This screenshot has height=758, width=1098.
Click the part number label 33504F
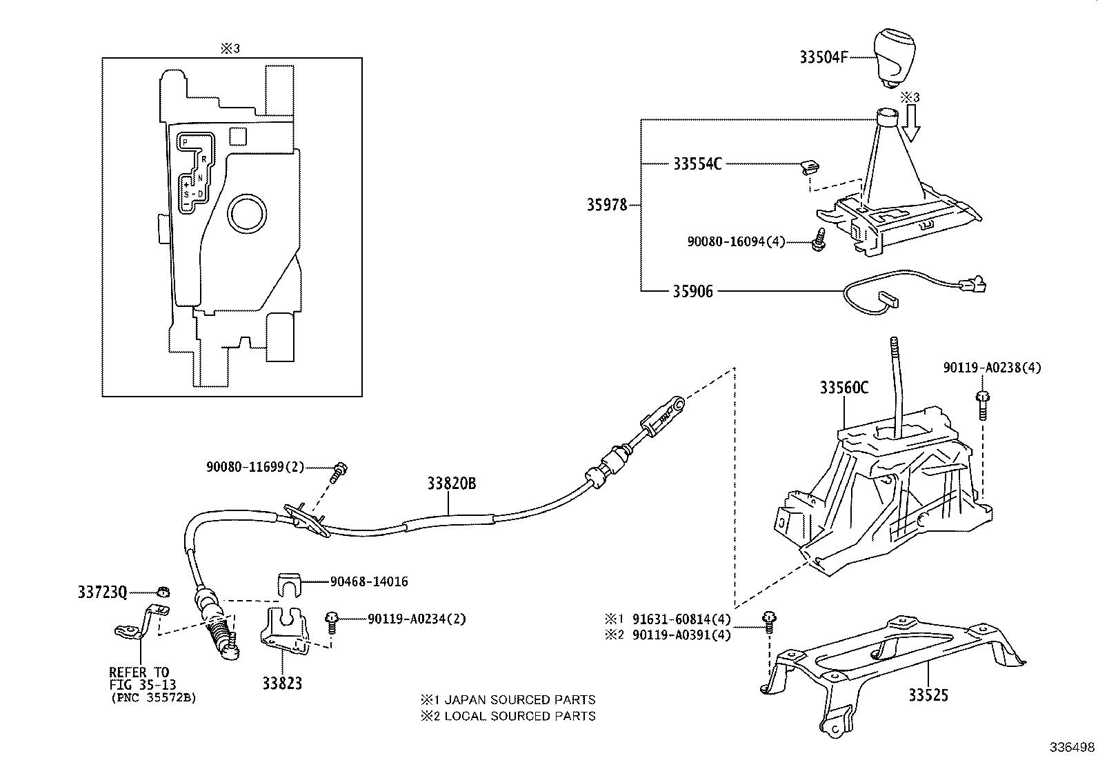click(823, 57)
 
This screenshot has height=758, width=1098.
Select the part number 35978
click(607, 205)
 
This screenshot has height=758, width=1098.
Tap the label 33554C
click(697, 164)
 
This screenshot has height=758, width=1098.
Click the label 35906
click(692, 291)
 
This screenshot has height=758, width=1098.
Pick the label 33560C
click(844, 388)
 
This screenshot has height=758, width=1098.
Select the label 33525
click(928, 695)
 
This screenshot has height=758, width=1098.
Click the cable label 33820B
click(451, 484)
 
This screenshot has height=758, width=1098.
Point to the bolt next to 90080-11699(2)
click(339, 472)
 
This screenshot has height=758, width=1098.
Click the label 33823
click(281, 684)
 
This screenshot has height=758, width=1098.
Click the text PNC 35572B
click(153, 698)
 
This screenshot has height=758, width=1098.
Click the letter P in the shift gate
click(185, 141)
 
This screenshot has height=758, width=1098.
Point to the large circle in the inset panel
click(248, 215)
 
